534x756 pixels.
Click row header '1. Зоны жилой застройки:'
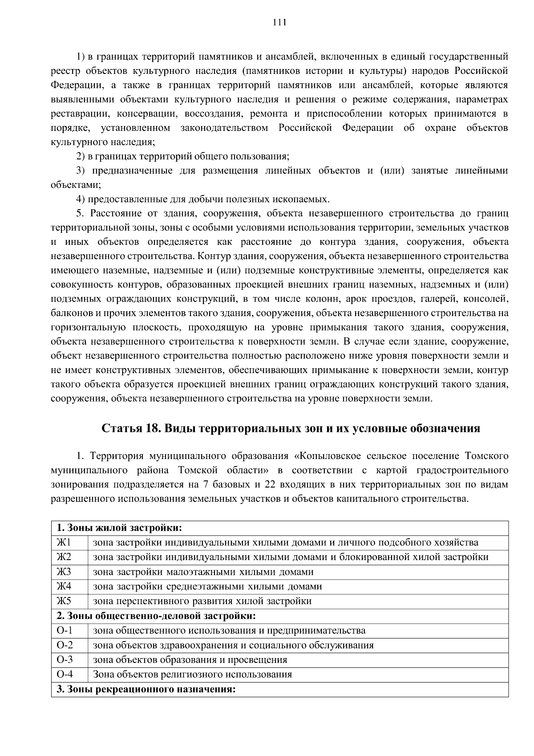coord(119,528)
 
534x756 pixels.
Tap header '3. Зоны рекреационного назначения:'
coord(146,689)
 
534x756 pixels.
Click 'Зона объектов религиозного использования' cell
coord(192,674)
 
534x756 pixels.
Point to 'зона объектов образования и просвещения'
coord(190,660)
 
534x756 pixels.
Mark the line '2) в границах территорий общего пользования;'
coord(183,157)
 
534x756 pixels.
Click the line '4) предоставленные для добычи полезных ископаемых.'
coord(203,199)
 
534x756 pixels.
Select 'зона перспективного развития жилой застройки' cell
coord(202,601)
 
